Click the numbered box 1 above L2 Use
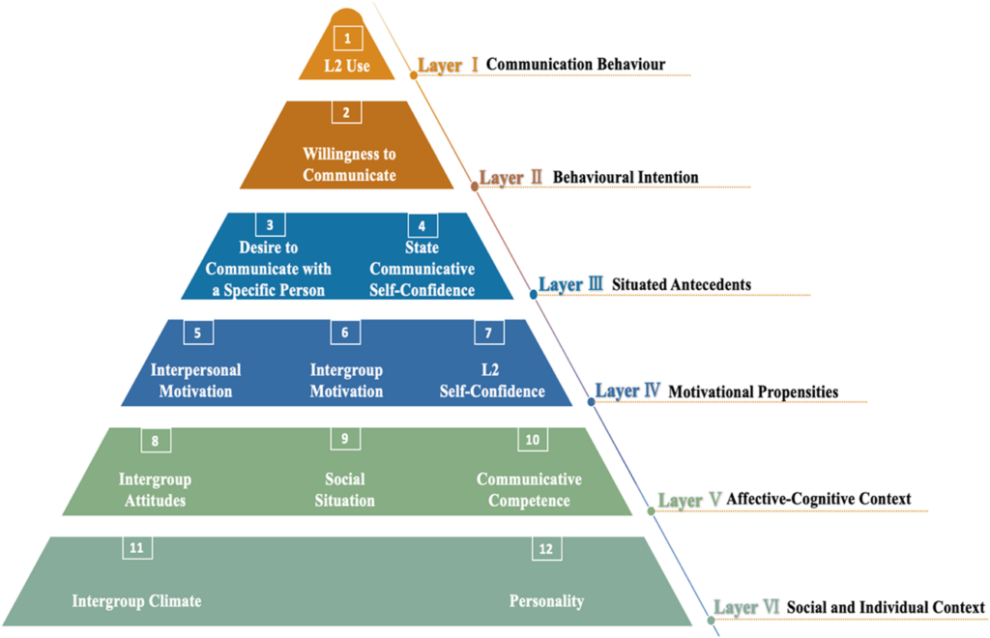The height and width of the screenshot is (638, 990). coord(348,39)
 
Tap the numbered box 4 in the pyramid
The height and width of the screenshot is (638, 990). coord(422,225)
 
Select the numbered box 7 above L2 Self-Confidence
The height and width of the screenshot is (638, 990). coord(489,333)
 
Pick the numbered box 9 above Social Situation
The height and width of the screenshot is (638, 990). coord(345,439)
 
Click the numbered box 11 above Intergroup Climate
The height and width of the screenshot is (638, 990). coord(137,548)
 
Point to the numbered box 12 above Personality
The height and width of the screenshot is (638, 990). coord(546,548)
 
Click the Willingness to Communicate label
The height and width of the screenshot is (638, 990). coord(349,164)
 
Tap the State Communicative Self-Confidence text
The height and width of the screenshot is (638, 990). coord(422,269)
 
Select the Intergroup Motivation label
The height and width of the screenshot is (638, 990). coord(346,381)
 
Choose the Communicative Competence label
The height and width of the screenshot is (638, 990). coord(529,490)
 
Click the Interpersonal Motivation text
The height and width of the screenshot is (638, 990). coord(195,381)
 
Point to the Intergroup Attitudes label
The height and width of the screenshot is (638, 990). coord(155,490)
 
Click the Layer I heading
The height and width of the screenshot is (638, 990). coord(449,66)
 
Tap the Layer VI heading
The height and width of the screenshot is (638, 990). coord(746,607)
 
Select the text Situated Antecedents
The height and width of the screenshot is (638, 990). coord(682,285)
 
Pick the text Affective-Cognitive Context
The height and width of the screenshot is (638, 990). coord(819,499)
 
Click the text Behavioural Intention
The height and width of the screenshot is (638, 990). coord(626,178)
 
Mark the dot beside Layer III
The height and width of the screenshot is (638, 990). coord(532,290)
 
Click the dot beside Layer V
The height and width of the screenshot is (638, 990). coord(651,505)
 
